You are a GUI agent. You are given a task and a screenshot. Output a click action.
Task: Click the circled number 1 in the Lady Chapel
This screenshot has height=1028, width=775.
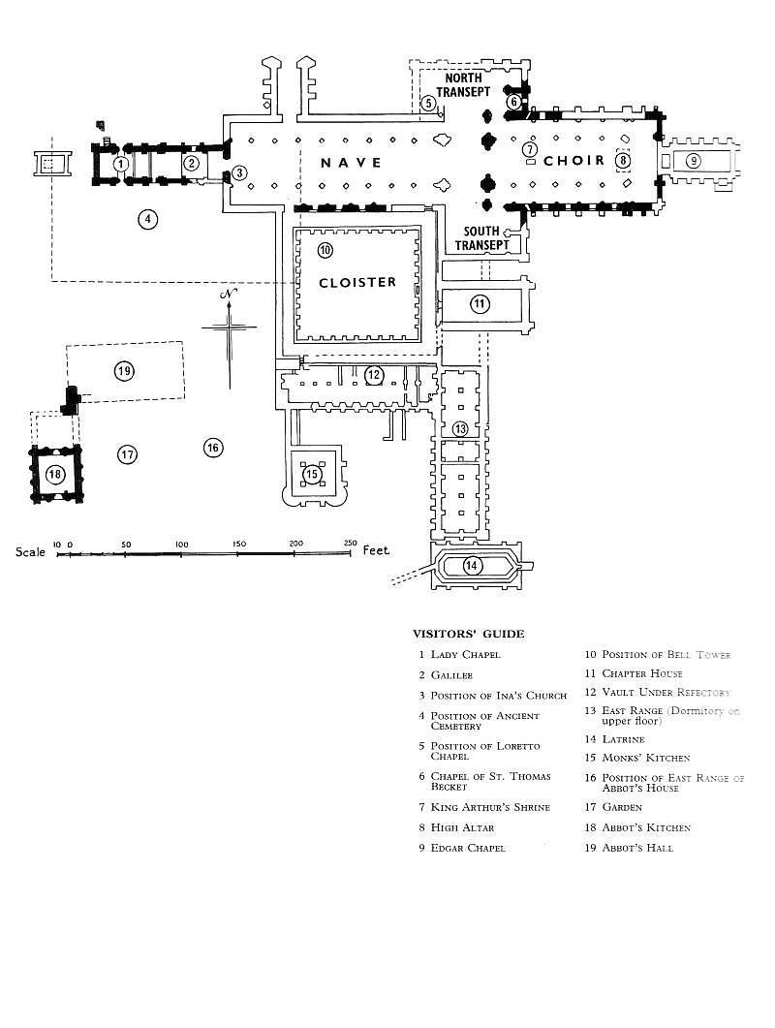pyautogui.click(x=120, y=163)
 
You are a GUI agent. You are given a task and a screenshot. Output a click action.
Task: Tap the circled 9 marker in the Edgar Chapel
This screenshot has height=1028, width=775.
pyautogui.click(x=693, y=160)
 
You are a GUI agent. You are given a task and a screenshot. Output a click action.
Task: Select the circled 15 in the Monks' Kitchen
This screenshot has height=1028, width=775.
pyautogui.click(x=311, y=474)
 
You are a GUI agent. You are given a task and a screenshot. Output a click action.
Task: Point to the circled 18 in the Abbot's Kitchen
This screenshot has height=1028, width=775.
pyautogui.click(x=55, y=474)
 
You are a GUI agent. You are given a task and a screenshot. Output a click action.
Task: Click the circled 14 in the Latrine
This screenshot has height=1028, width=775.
pyautogui.click(x=472, y=565)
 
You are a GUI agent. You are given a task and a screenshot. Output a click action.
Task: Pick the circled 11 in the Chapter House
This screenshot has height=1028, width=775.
pyautogui.click(x=480, y=303)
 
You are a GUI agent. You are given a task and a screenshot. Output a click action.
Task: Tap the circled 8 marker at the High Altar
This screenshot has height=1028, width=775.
pyautogui.click(x=623, y=160)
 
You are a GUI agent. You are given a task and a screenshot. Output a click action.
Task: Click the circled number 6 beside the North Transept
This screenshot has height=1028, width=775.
pyautogui.click(x=514, y=102)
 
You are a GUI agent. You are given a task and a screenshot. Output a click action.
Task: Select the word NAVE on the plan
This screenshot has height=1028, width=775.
pyautogui.click(x=351, y=163)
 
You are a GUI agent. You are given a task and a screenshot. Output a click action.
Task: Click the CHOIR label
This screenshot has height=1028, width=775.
pyautogui.click(x=573, y=161)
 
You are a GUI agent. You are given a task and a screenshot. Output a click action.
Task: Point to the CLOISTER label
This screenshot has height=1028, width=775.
pyautogui.click(x=357, y=283)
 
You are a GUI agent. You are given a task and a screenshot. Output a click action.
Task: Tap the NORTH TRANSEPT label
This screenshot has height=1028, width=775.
pyautogui.click(x=464, y=85)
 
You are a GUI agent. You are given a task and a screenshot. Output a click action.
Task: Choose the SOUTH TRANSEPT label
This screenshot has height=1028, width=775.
pyautogui.click(x=482, y=238)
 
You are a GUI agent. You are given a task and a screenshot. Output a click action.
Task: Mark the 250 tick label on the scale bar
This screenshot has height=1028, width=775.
pyautogui.click(x=350, y=543)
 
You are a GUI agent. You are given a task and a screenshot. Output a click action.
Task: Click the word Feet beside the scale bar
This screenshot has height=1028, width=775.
pyautogui.click(x=376, y=550)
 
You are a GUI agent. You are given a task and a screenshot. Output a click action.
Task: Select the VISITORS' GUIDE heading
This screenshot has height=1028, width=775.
pyautogui.click(x=468, y=634)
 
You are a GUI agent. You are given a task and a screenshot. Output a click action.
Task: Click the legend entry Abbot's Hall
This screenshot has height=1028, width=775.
pyautogui.click(x=629, y=848)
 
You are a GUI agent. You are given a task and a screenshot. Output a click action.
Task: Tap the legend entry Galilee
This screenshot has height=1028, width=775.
pyautogui.click(x=446, y=674)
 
